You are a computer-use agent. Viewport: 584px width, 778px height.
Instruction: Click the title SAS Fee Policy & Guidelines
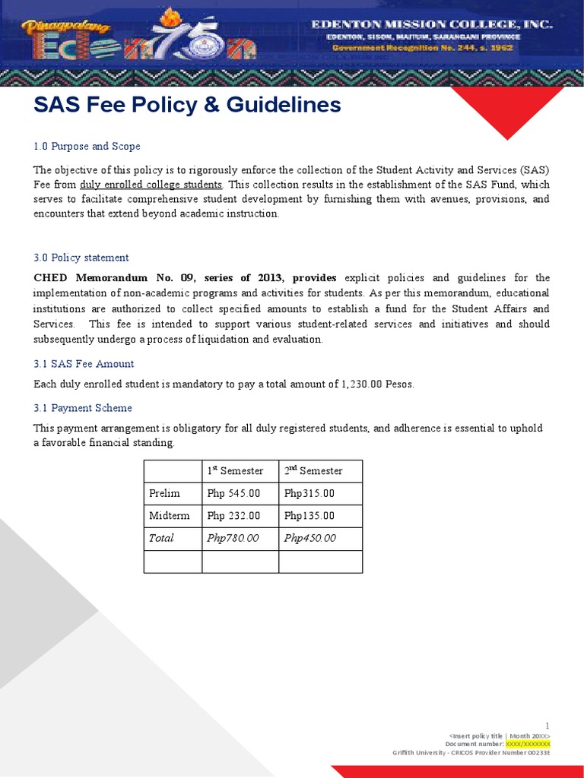tap(187, 106)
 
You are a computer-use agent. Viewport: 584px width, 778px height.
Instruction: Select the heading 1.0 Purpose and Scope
tap(87, 146)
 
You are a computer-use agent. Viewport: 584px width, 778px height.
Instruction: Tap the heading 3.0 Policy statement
tap(81, 258)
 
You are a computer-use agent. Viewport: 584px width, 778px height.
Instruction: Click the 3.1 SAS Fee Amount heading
tap(84, 364)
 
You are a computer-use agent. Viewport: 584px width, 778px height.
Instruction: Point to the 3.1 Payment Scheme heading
tap(83, 408)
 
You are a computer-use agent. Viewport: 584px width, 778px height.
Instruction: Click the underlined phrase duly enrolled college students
tap(151, 185)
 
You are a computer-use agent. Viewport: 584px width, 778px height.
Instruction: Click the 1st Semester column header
tap(235, 471)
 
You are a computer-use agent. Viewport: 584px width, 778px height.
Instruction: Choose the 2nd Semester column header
tap(313, 471)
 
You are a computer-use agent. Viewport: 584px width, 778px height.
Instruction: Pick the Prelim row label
tap(165, 493)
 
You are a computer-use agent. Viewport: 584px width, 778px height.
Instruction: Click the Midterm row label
tap(170, 515)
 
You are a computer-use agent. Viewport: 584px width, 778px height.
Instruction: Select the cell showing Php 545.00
tap(233, 493)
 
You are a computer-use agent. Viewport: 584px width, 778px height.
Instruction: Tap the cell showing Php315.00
tap(309, 493)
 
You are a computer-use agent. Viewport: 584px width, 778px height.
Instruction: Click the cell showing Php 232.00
tap(233, 515)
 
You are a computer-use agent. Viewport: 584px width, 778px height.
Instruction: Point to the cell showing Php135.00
tap(309, 515)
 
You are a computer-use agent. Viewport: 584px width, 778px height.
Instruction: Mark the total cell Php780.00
tap(233, 538)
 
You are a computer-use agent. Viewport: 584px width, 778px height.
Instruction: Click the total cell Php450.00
tap(309, 538)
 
